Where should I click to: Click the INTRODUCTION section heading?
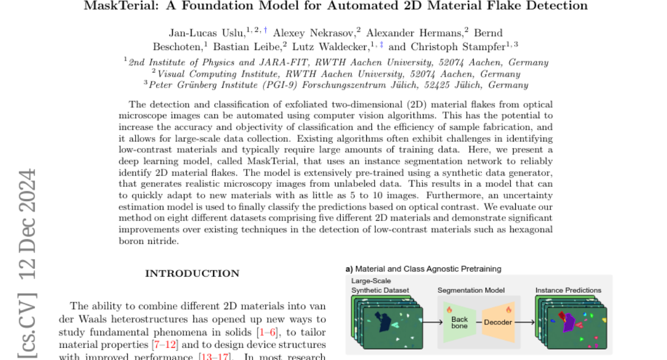tap(192, 273)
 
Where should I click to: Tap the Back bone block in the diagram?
tap(459, 323)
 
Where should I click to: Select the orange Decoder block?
tap(498, 322)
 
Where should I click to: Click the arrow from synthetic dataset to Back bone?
tap(430, 322)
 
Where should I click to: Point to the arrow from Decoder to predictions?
tap(526, 322)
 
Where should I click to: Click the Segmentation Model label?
tap(471, 290)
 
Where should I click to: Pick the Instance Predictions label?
tap(568, 290)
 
